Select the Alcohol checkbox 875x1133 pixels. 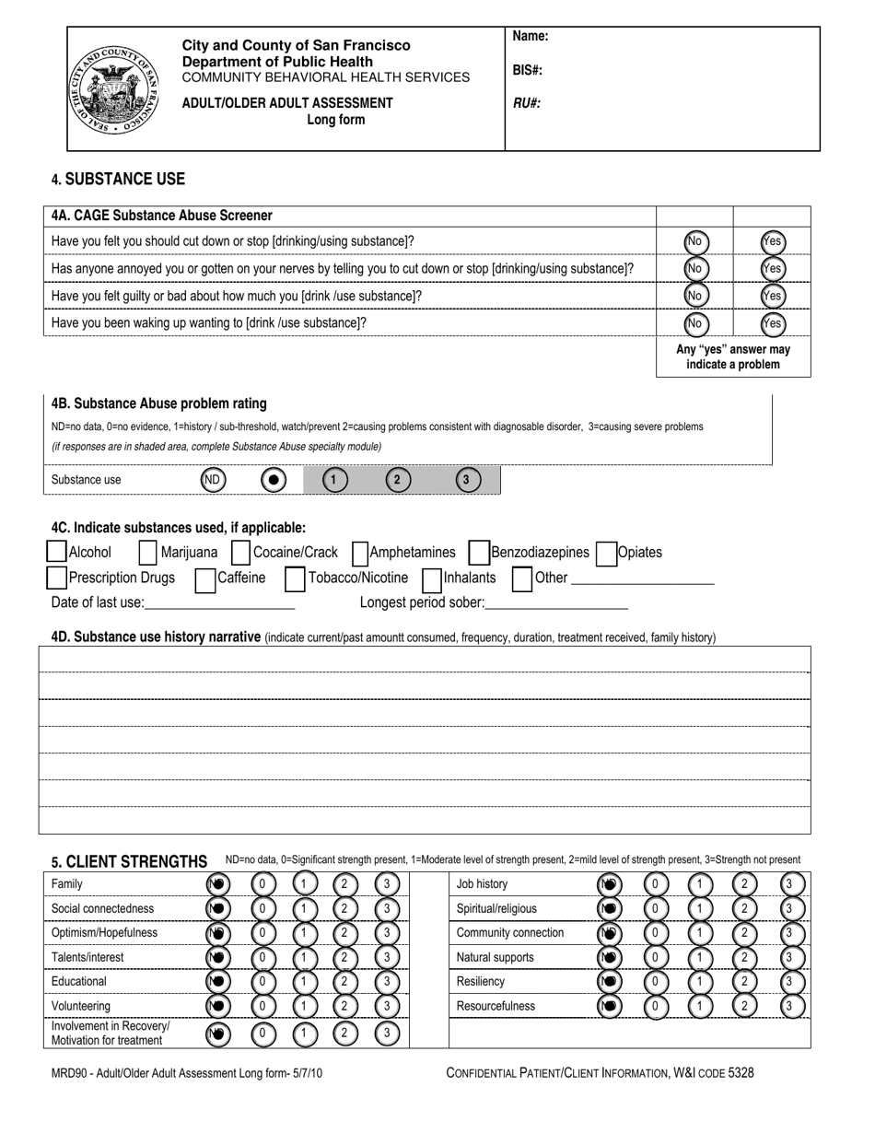(56, 552)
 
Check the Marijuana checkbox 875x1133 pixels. (147, 552)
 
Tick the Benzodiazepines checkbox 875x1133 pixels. (478, 552)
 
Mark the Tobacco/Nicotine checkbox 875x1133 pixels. (295, 578)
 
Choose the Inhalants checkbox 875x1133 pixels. (431, 578)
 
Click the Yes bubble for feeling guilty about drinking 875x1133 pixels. (773, 296)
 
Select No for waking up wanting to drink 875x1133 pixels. (695, 323)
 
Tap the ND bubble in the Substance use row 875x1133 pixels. (213, 480)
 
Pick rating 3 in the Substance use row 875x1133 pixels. (467, 480)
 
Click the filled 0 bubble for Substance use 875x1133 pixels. (274, 480)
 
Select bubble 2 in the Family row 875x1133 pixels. (344, 884)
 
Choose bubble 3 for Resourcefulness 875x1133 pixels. (791, 1006)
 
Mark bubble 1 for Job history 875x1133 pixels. (701, 884)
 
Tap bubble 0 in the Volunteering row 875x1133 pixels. (263, 1006)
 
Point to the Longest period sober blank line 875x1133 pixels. (556, 604)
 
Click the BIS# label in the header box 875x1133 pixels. (527, 70)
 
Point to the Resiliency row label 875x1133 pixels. (481, 982)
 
